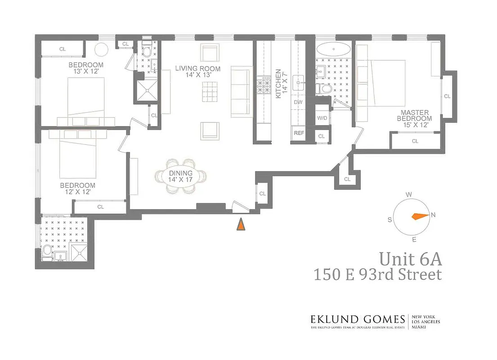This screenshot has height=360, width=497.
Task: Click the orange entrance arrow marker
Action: pos(241,224)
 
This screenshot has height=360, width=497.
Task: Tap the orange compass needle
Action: pos(420,216)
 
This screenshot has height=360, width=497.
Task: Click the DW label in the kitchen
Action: pos(298,102)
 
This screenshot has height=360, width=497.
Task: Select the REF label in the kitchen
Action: pos(298,133)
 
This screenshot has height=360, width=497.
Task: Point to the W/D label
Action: pos(322,118)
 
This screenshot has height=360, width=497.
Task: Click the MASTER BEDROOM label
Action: pos(412,115)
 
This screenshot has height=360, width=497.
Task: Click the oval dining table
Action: pos(181,176)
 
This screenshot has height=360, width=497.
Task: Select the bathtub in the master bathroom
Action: pos(333,48)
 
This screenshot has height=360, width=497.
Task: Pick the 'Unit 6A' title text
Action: pos(410,259)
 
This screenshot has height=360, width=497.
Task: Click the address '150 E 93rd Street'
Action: pos(377,275)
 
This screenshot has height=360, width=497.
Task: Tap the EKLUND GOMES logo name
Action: pos(358,319)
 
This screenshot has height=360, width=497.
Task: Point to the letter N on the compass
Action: pos(433,215)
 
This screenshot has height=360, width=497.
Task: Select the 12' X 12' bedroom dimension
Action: pos(77,192)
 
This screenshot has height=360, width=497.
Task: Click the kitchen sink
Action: pos(299,83)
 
